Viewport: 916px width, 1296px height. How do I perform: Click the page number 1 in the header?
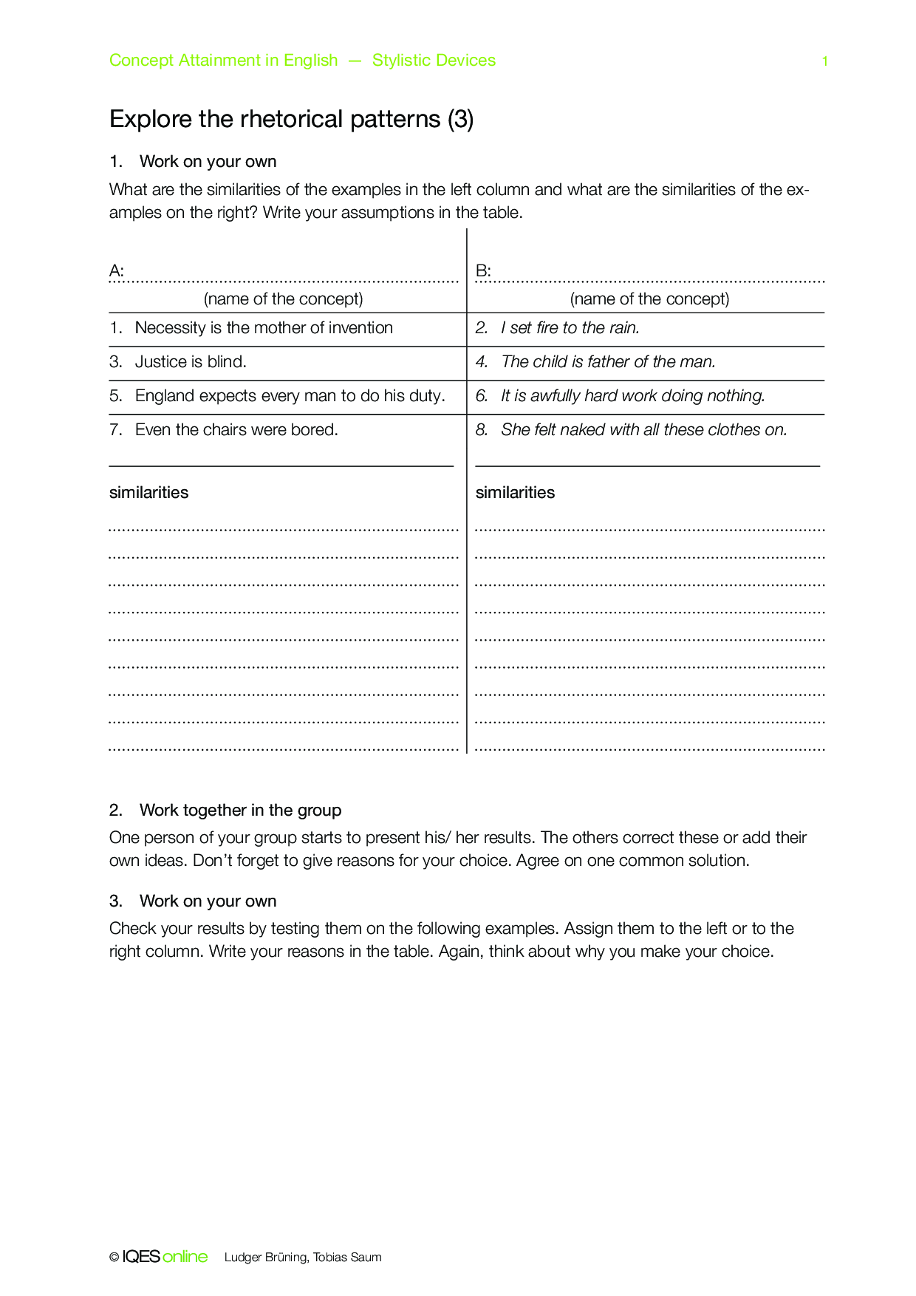[824, 61]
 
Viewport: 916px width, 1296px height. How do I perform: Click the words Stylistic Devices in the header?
[434, 61]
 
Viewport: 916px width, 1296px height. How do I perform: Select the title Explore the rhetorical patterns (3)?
[291, 119]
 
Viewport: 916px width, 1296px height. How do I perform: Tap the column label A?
[116, 271]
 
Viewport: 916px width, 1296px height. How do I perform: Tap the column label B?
[483, 271]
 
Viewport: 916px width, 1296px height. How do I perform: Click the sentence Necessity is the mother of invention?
[264, 328]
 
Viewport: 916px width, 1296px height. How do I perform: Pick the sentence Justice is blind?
[191, 362]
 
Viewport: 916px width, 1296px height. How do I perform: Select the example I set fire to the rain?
[570, 328]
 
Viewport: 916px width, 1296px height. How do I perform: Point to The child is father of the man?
[608, 362]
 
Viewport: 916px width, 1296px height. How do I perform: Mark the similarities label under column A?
[148, 493]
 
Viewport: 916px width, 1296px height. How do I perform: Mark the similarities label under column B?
[515, 493]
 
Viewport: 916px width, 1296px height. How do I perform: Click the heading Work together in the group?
[240, 811]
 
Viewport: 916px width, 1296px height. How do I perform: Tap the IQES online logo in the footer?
[165, 1257]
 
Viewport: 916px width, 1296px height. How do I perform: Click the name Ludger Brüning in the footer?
[266, 1258]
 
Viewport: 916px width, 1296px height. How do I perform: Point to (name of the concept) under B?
[649, 299]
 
